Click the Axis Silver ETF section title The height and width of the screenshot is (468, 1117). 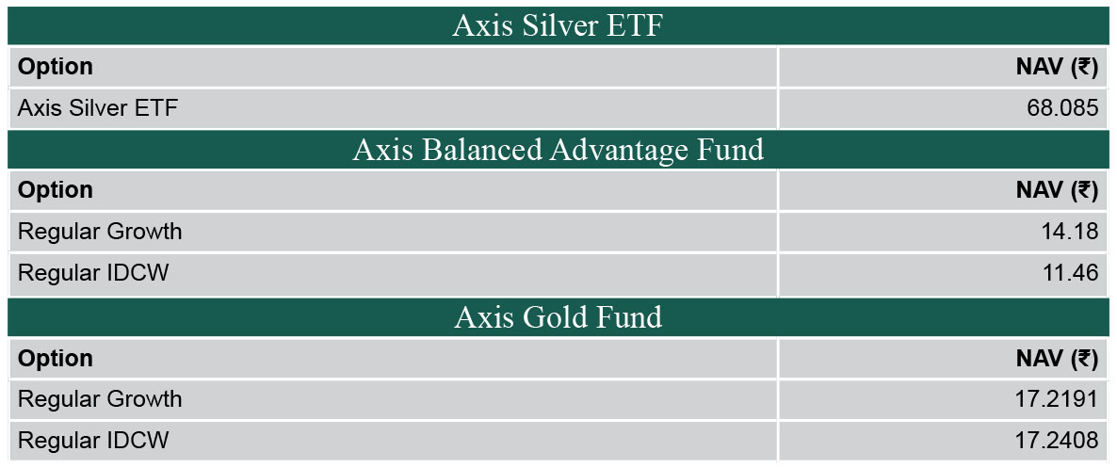(558, 26)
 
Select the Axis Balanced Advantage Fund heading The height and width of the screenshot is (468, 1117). (558, 150)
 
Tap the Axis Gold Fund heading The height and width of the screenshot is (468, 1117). (558, 316)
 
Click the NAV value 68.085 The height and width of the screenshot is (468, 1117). (1062, 109)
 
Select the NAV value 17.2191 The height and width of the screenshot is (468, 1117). (1057, 399)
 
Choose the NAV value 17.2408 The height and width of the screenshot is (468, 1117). (1057, 440)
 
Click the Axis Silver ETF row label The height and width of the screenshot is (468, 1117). (98, 109)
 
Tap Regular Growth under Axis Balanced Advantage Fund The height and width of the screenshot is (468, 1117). (100, 233)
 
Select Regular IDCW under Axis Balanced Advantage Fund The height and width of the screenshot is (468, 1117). (93, 273)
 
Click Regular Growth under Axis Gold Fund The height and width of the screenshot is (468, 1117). (100, 399)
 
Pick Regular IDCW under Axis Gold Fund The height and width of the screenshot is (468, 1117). (93, 440)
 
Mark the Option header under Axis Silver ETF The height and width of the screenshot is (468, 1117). (56, 67)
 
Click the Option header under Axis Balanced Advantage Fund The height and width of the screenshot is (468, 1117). (56, 190)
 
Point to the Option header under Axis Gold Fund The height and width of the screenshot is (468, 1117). (56, 359)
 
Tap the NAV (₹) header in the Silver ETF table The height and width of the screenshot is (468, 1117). (1057, 67)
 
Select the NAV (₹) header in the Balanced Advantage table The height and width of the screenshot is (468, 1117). (1057, 190)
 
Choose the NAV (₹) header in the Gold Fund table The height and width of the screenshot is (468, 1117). (1057, 359)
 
